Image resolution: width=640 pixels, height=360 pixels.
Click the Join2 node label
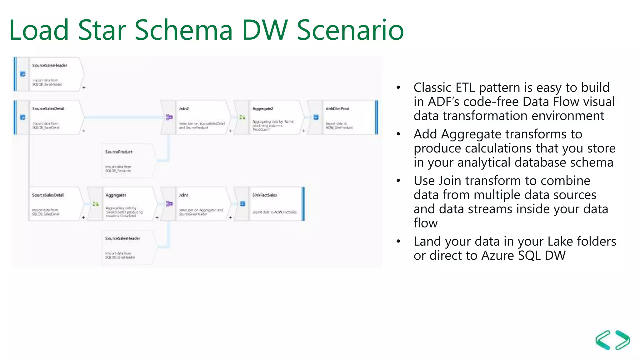[x=184, y=108]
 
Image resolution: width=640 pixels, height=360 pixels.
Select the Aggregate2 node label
[x=262, y=108]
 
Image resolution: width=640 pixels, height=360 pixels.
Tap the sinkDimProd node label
[x=337, y=108]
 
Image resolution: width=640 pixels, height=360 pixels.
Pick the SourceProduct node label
[x=119, y=152]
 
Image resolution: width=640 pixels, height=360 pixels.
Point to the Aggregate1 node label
[x=116, y=195]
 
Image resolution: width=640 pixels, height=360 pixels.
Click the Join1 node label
[x=183, y=195]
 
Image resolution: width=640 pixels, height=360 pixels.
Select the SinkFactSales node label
[x=264, y=195]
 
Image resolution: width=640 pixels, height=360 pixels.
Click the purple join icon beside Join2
[x=169, y=117]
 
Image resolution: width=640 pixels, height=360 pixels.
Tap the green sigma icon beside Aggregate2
[x=242, y=117]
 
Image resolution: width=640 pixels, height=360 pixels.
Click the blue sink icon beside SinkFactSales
[x=242, y=204]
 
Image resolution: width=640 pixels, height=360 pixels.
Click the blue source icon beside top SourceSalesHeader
[x=23, y=74]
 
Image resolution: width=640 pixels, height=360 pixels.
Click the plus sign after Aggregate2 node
[x=303, y=131]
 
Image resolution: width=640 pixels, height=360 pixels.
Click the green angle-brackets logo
[x=612, y=340]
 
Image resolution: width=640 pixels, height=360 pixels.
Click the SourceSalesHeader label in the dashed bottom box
[x=122, y=238]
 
